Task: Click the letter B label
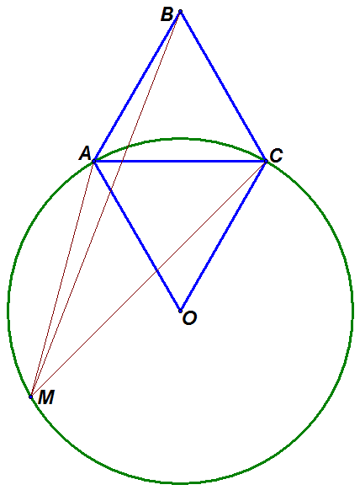tap(167, 14)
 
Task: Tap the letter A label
tap(85, 154)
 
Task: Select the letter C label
tap(277, 156)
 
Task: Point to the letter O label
tap(189, 318)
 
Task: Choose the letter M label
tap(46, 397)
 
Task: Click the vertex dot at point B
tap(180, 12)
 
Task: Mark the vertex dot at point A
tap(93, 162)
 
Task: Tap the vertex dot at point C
tap(266, 162)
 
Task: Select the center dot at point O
tap(180, 311)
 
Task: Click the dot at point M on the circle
tap(30, 397)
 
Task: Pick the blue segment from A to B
tap(137, 87)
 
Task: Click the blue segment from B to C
tap(223, 87)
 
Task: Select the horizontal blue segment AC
tap(180, 162)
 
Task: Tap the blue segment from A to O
tap(137, 236)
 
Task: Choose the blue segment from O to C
tap(223, 236)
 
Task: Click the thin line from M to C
tap(148, 279)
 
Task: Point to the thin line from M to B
tap(105, 205)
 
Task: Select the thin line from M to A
tap(62, 279)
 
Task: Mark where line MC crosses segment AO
tap(156, 270)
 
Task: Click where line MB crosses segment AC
tap(122, 162)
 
